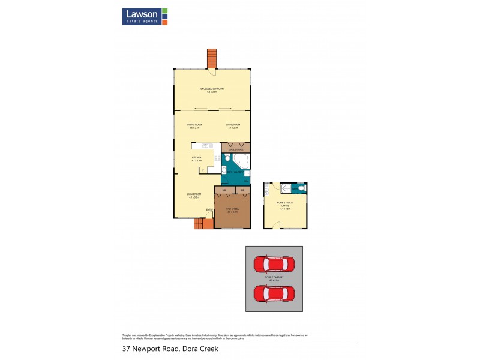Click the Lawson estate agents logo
[145, 16]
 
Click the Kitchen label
[196, 159]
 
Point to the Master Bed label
[232, 211]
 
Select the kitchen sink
[206, 146]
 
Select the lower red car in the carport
[274, 294]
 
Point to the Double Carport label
[274, 279]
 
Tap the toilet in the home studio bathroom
[301, 188]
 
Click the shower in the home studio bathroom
[287, 188]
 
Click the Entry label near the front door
[209, 209]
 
